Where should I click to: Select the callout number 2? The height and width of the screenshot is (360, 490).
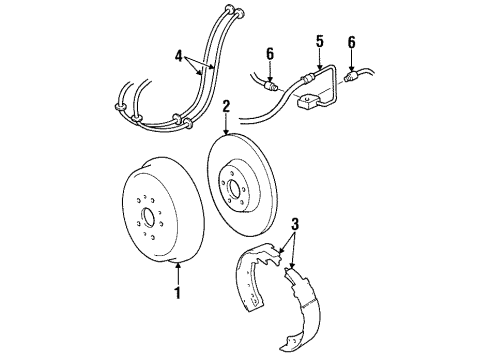click(x=227, y=104)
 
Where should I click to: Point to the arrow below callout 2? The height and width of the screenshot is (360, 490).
click(x=227, y=125)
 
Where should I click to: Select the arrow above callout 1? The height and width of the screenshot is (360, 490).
click(x=178, y=272)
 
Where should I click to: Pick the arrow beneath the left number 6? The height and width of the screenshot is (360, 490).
click(x=270, y=72)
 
